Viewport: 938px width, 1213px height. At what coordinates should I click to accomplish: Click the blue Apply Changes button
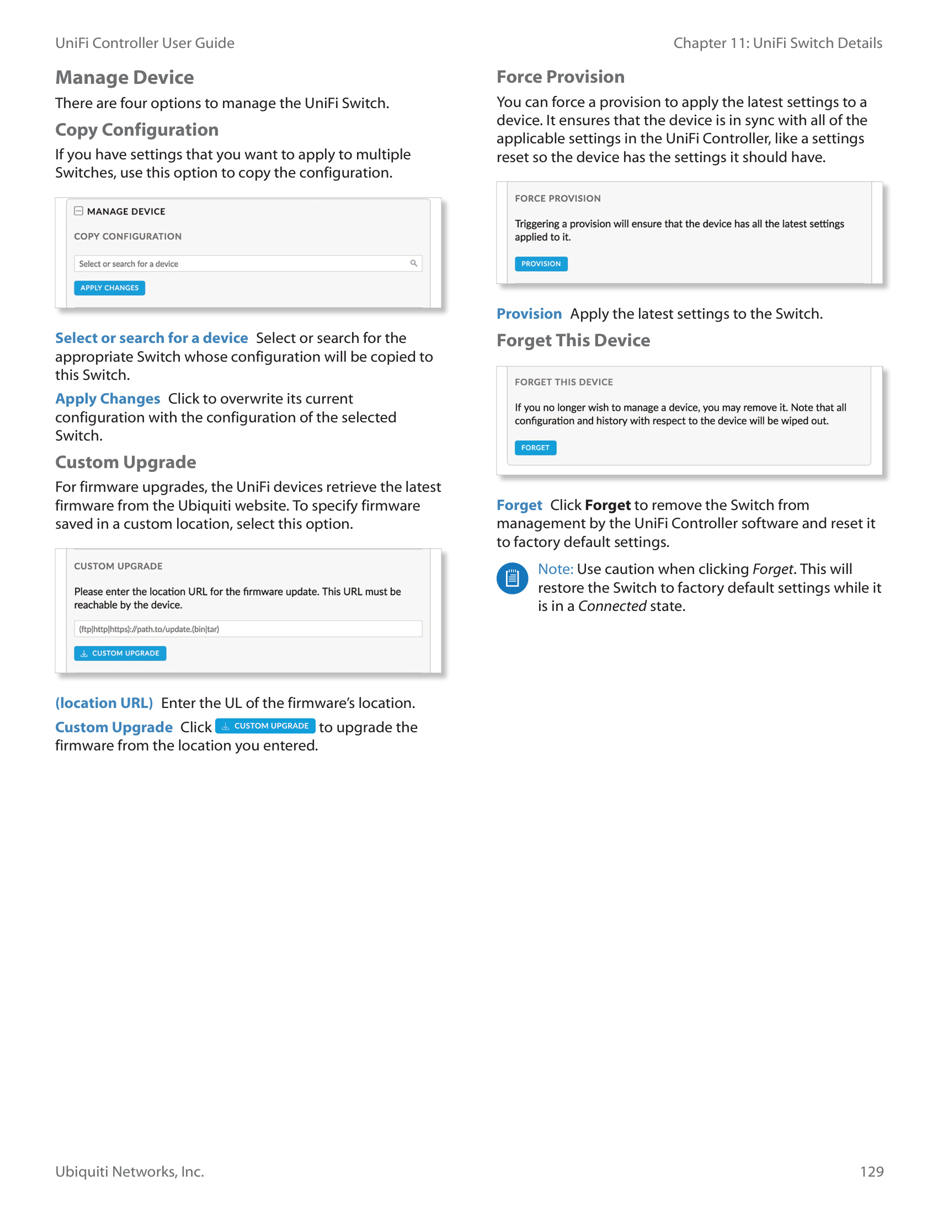click(x=109, y=288)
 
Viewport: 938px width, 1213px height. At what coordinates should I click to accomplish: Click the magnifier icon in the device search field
click(x=413, y=263)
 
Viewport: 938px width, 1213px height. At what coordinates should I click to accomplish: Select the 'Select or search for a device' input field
click(x=239, y=264)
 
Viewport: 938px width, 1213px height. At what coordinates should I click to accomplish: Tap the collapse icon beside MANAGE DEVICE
click(x=79, y=211)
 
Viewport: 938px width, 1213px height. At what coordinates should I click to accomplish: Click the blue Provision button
click(x=541, y=264)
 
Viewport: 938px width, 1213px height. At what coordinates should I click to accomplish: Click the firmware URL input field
click(x=248, y=629)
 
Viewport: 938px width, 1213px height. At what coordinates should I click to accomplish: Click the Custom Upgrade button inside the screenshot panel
click(x=120, y=653)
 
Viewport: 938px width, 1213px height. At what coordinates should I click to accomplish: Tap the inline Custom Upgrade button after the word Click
click(x=265, y=726)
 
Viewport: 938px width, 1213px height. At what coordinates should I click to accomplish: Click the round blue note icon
click(x=512, y=578)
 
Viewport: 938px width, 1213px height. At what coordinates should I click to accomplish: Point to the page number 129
click(x=871, y=1171)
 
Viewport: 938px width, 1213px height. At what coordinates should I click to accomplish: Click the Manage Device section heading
click(x=125, y=78)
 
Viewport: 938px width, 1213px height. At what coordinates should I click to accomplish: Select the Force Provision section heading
click(x=560, y=77)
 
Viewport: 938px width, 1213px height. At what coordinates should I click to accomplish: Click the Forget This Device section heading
click(x=573, y=340)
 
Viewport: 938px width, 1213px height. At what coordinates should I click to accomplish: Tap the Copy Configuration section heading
click(x=137, y=130)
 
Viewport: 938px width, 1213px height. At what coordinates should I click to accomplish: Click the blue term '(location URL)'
click(x=104, y=703)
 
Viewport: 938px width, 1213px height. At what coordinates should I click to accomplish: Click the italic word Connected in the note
click(x=612, y=606)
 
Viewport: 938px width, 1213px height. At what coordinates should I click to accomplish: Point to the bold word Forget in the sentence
click(x=607, y=505)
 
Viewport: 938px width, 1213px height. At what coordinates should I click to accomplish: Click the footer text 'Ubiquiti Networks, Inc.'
click(x=130, y=1171)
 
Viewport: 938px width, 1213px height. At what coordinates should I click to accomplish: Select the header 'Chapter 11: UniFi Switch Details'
click(x=777, y=44)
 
